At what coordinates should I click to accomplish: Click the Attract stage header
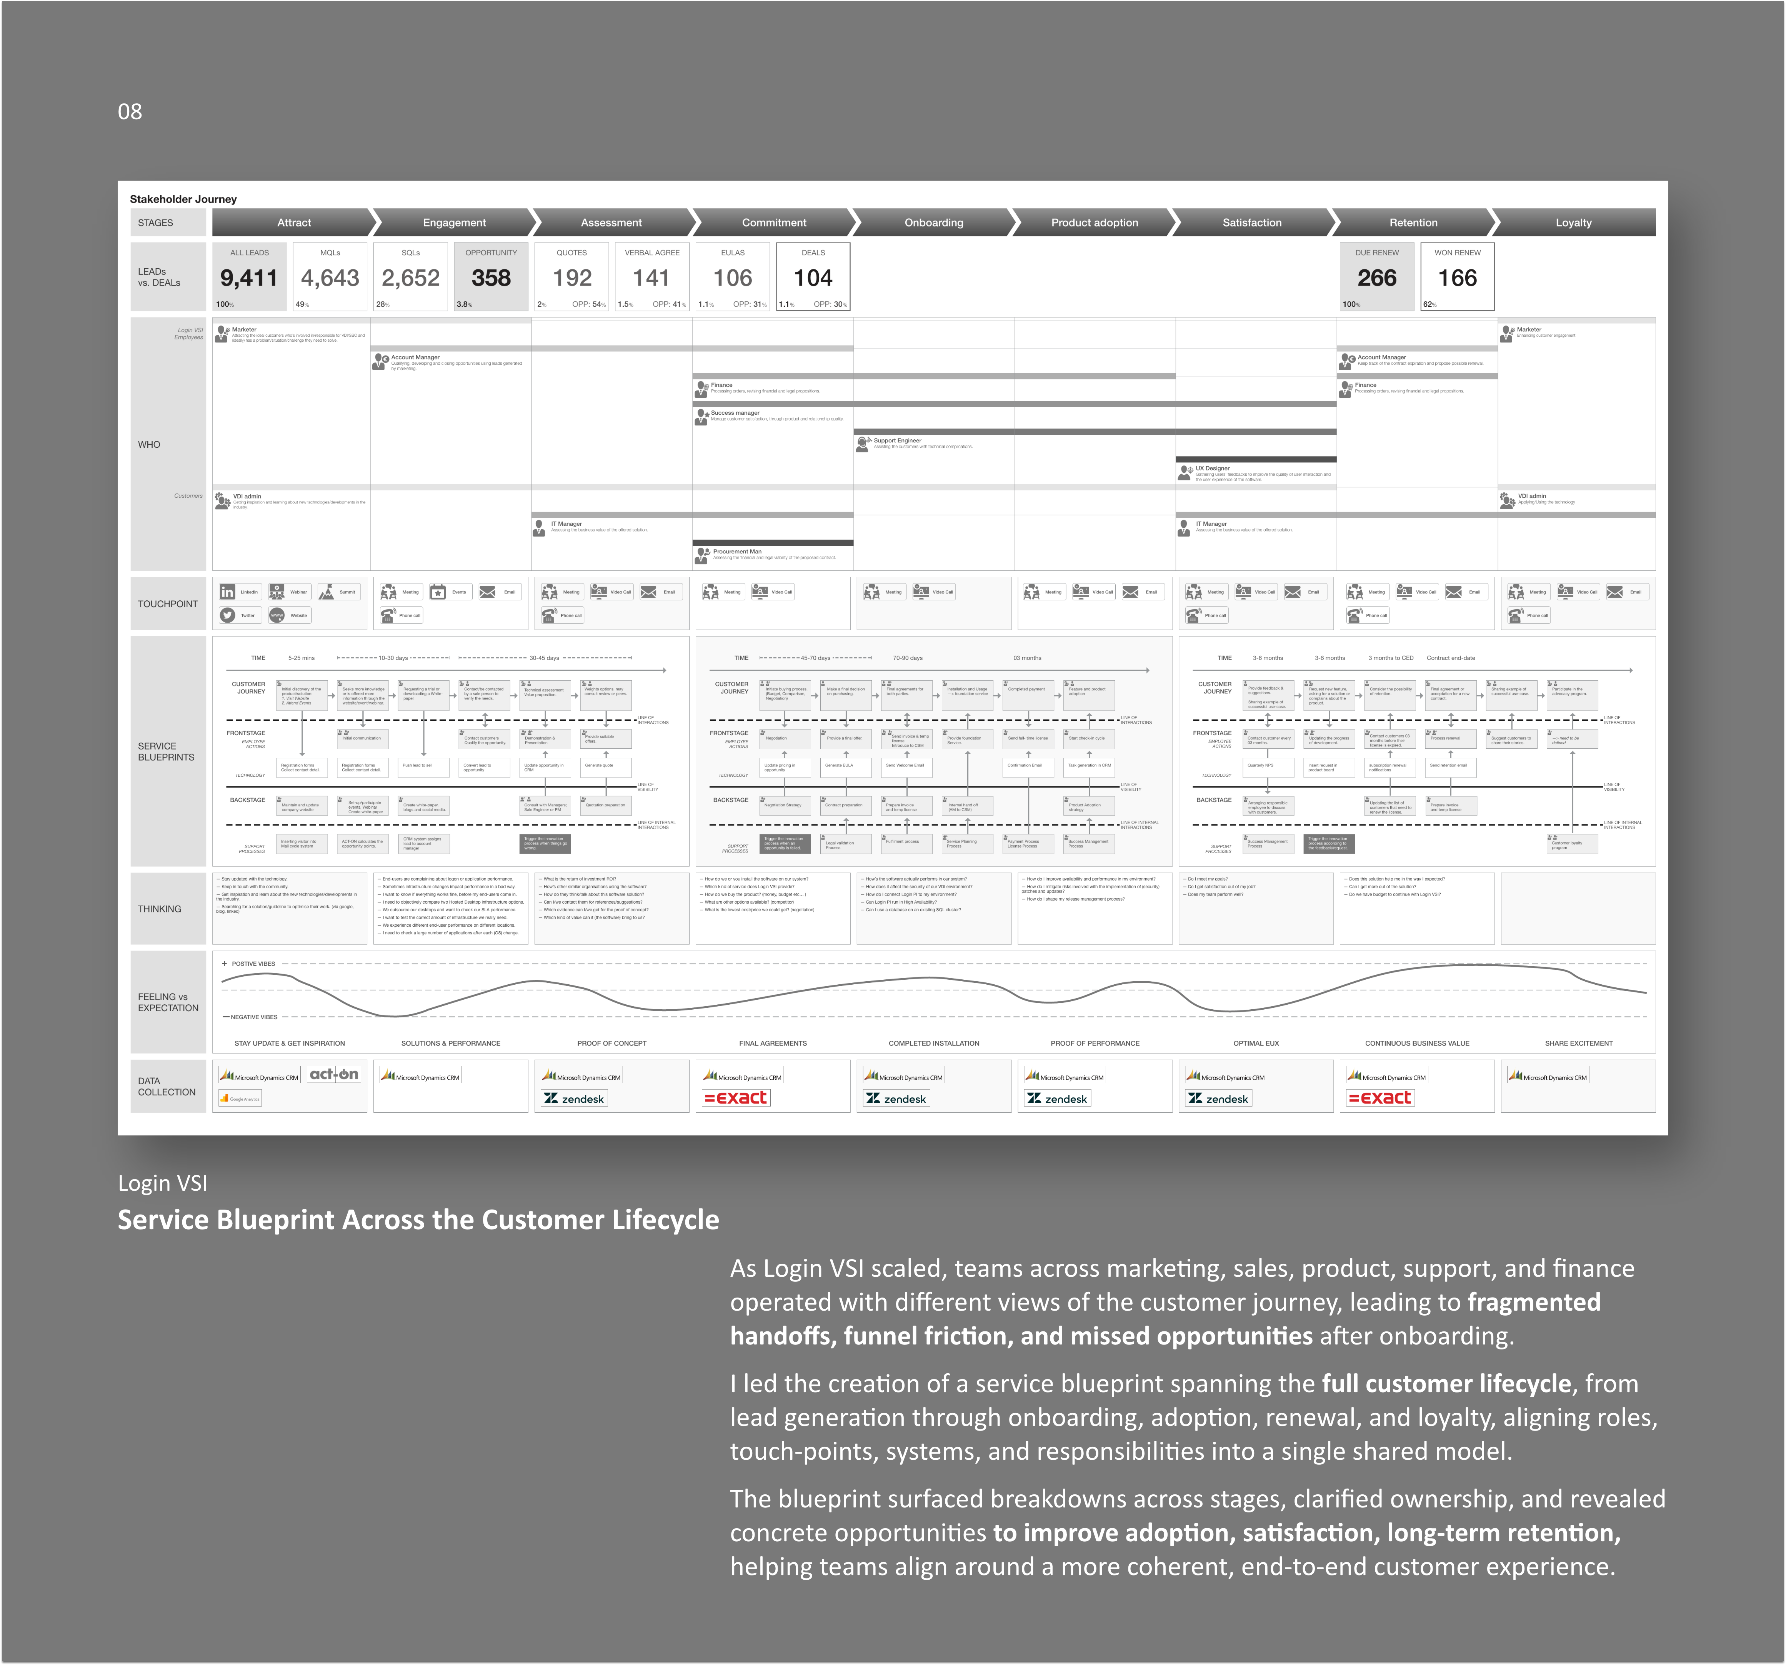click(294, 223)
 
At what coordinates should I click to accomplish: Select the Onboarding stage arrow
click(933, 223)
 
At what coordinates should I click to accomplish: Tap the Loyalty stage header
click(1573, 223)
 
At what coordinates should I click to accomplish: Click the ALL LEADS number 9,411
click(249, 278)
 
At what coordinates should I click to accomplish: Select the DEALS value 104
click(813, 278)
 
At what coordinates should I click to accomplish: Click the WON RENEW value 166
click(1457, 278)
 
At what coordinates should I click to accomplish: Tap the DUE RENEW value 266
click(1376, 278)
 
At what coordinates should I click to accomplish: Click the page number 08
click(130, 111)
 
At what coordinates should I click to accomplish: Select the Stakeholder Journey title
click(183, 199)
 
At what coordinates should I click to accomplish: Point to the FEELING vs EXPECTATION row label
click(168, 1002)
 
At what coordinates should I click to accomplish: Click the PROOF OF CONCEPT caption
click(612, 1044)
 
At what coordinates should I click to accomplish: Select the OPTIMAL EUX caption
click(1256, 1044)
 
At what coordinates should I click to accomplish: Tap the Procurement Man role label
click(737, 552)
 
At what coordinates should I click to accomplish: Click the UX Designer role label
click(1212, 468)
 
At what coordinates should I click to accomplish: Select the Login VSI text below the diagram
click(163, 1183)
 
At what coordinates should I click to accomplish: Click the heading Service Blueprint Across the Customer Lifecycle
click(419, 1220)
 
